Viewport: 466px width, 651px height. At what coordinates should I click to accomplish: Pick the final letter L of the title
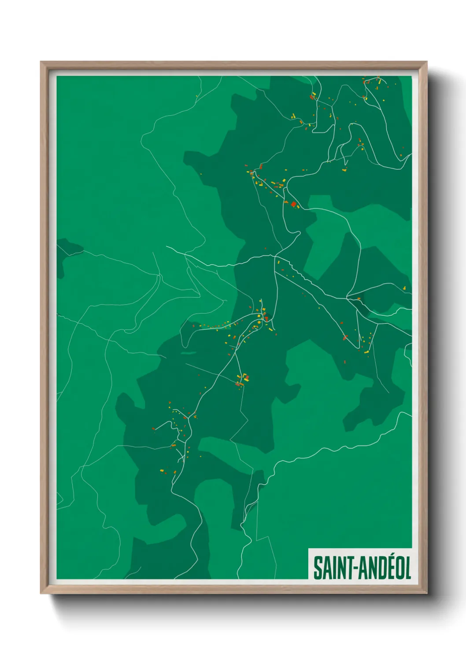pyautogui.click(x=407, y=568)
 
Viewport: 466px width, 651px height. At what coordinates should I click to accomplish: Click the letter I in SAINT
pyautogui.click(x=333, y=568)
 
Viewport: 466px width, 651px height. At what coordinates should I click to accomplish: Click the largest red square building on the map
pyautogui.click(x=294, y=204)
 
